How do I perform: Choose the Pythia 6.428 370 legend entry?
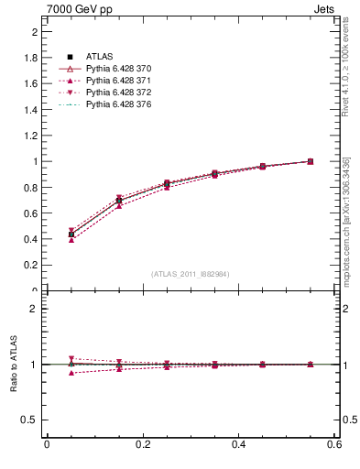click(118, 69)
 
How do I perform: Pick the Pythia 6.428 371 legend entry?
click(118, 81)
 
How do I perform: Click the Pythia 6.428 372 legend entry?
click(118, 93)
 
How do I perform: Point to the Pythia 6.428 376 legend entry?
click(118, 104)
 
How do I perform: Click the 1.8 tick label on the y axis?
click(32, 58)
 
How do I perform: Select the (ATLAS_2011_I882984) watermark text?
click(191, 274)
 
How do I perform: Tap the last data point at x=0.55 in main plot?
click(310, 161)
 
